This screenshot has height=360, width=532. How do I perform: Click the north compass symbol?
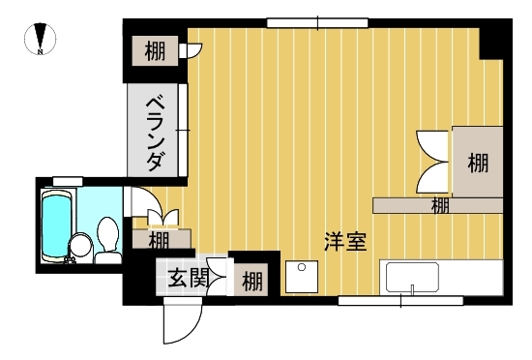tap(41, 39)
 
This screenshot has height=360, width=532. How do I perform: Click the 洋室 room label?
tap(345, 242)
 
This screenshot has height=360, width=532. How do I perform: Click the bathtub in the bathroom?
tap(57, 225)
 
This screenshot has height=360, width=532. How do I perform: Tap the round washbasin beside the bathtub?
tap(80, 245)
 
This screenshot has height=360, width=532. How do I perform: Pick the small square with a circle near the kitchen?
tap(302, 277)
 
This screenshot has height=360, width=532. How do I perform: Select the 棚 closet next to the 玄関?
tap(251, 281)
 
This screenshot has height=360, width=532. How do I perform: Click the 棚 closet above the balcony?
tap(155, 51)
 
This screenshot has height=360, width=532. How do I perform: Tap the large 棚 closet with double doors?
tap(478, 163)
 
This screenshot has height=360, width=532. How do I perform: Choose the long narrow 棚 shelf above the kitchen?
tap(437, 205)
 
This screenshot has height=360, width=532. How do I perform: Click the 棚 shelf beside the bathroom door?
tap(162, 239)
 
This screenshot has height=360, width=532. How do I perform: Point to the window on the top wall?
tap(317, 23)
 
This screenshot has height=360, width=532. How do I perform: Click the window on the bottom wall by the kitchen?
tap(400, 301)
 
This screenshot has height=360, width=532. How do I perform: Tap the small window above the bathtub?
tap(68, 182)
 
